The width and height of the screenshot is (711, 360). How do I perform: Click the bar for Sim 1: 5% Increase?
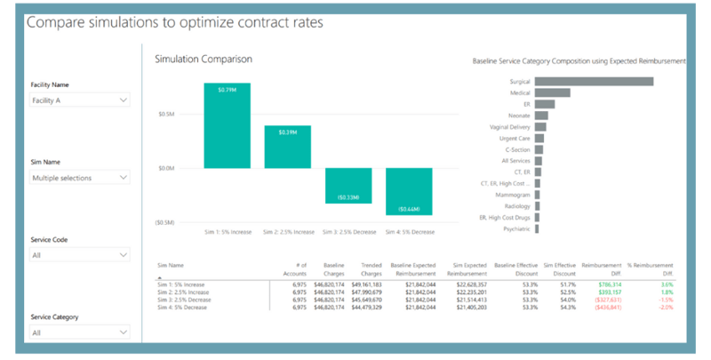pos(227,125)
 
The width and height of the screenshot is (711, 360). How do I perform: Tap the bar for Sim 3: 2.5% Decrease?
pos(348,185)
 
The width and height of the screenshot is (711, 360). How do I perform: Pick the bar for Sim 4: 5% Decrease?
pos(408,190)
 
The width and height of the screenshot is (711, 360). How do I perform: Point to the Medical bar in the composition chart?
pos(551,92)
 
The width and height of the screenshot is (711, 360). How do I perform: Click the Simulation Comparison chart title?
pos(204,59)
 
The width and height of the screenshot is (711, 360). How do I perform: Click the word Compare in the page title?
pos(56,20)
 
